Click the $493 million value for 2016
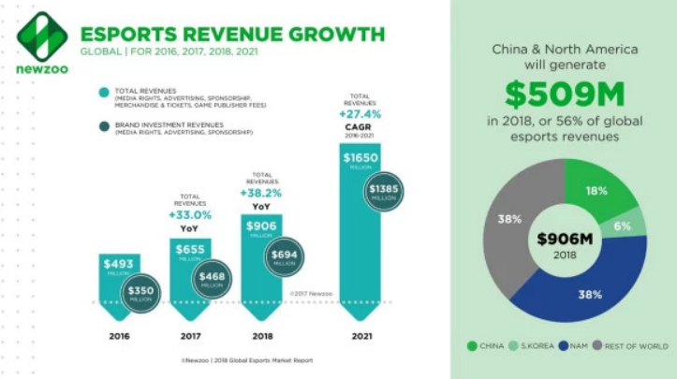pos(118,264)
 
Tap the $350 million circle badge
pos(141,291)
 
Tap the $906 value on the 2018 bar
pos(261,226)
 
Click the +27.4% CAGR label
pos(362,116)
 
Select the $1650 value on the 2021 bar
pos(361,156)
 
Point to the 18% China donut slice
pos(596,192)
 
